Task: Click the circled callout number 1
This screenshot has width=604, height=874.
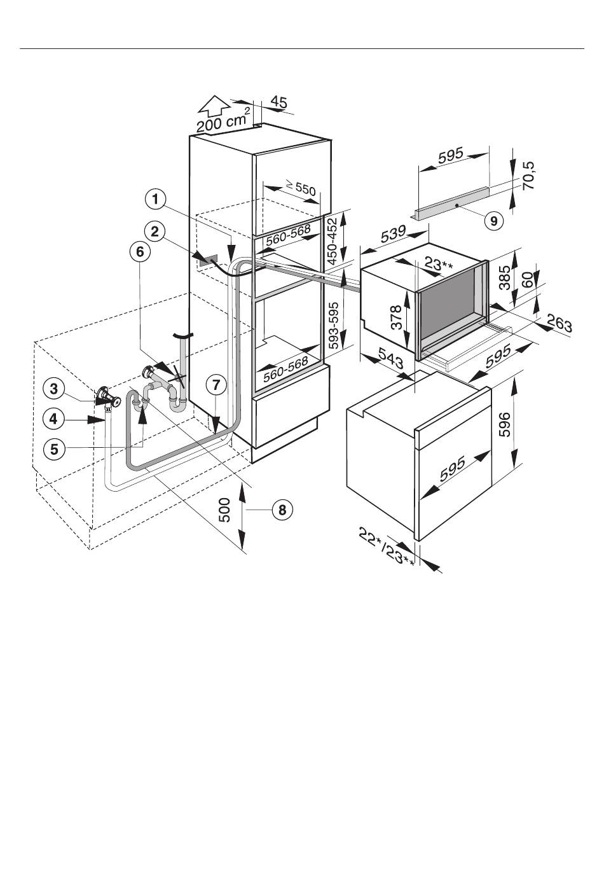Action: [x=156, y=200]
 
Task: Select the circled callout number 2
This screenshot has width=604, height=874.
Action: [x=154, y=232]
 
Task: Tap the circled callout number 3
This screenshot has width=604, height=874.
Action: [x=54, y=389]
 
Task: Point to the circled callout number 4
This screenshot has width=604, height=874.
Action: [x=54, y=419]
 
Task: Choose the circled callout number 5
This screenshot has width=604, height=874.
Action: [x=54, y=450]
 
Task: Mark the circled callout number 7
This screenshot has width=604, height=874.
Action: [x=216, y=385]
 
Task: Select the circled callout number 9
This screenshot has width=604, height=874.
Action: [x=493, y=221]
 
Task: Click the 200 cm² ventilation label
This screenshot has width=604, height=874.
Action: [x=223, y=120]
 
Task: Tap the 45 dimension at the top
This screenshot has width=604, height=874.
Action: [x=278, y=102]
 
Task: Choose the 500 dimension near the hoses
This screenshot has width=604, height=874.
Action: [x=225, y=510]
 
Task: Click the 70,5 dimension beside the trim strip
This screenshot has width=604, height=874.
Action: [x=528, y=176]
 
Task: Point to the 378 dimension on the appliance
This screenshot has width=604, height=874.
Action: [x=395, y=317]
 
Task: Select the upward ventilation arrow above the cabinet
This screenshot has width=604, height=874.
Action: [x=214, y=107]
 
